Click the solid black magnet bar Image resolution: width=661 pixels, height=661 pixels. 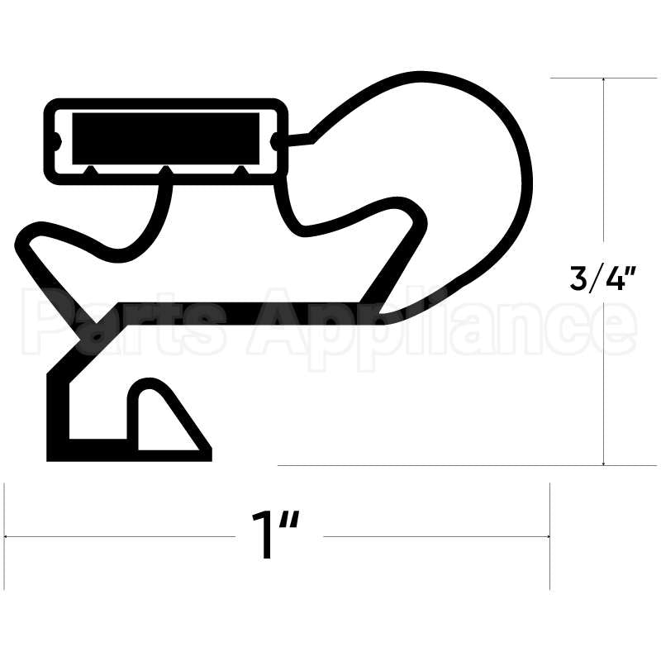(x=165, y=137)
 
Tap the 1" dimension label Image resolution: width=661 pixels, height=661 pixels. (x=276, y=535)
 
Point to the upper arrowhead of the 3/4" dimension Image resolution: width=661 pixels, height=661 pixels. (x=606, y=81)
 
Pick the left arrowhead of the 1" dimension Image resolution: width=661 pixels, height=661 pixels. (x=8, y=536)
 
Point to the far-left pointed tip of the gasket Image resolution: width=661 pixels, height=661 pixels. (x=20, y=236)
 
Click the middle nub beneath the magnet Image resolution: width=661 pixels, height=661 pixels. (x=166, y=170)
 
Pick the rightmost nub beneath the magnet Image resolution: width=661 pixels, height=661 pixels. (x=240, y=170)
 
